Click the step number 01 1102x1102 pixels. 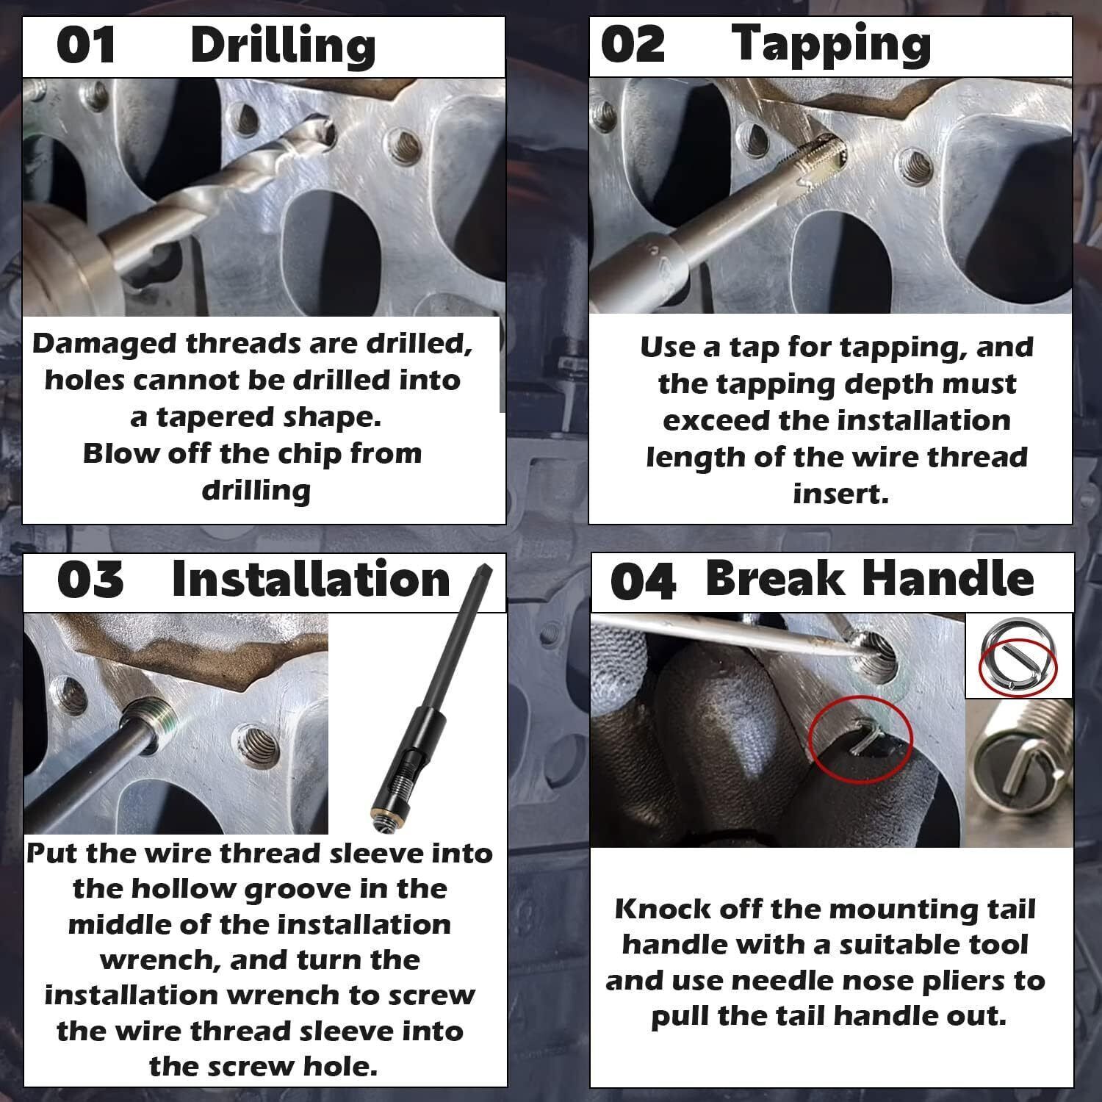pyautogui.click(x=86, y=45)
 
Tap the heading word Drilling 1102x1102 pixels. pyautogui.click(x=283, y=46)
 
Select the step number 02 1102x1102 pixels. pyautogui.click(x=633, y=44)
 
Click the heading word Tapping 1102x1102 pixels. pyautogui.click(x=831, y=46)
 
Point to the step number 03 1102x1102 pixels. pyautogui.click(x=90, y=580)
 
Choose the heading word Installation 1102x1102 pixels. pyautogui.click(x=311, y=580)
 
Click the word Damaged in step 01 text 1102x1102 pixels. pyautogui.click(x=104, y=345)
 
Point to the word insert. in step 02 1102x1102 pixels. pyautogui.click(x=840, y=493)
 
